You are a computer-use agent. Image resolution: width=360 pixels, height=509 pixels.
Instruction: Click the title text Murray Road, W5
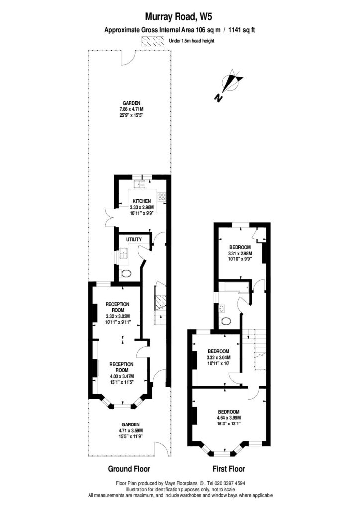[x=180, y=18]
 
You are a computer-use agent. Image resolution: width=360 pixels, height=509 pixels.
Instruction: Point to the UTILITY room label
[x=134, y=239]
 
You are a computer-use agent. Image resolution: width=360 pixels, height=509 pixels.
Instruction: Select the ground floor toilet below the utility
[x=126, y=274]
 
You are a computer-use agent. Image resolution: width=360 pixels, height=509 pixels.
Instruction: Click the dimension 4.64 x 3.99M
[x=229, y=418]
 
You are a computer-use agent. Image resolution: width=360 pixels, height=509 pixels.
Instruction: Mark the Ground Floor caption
[x=129, y=469]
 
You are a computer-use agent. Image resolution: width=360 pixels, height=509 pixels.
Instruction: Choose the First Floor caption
[x=228, y=469]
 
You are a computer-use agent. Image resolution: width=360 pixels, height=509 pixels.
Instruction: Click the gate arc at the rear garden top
[x=127, y=57]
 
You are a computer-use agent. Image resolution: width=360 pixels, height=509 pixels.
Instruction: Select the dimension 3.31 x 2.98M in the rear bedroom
[x=240, y=253]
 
